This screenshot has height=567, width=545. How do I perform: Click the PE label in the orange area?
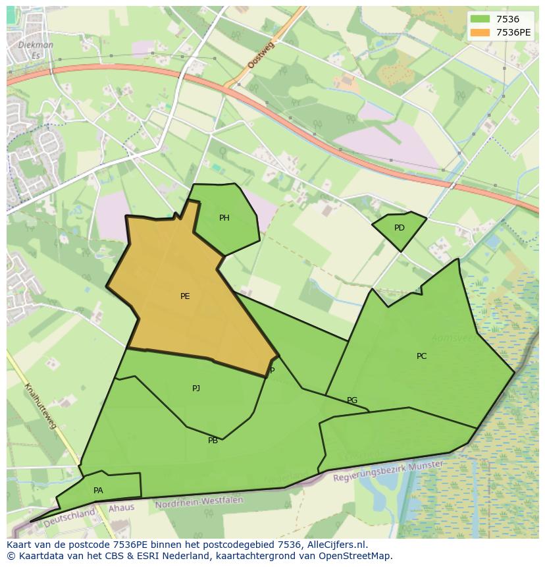pos(185,296)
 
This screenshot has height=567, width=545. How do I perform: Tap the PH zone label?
pos(224,218)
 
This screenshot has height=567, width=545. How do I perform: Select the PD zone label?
pos(400,228)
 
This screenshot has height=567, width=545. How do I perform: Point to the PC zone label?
pos(422,356)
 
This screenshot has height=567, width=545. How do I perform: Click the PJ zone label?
pos(196,389)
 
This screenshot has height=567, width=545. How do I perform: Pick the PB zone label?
pos(213,441)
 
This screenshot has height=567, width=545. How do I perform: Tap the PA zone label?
pos(98,491)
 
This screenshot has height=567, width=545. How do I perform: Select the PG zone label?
pos(352,400)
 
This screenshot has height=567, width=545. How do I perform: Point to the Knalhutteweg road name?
pos(41,406)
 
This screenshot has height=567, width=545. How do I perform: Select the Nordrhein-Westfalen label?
pos(199,502)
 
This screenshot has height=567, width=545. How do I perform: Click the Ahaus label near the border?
pos(121,508)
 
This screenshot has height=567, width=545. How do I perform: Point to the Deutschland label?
pos(68,517)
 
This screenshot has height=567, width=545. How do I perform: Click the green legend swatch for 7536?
pos(481,20)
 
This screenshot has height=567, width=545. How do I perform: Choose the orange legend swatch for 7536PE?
pos(481,32)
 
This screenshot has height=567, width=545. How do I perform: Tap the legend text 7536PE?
pos(513,32)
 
